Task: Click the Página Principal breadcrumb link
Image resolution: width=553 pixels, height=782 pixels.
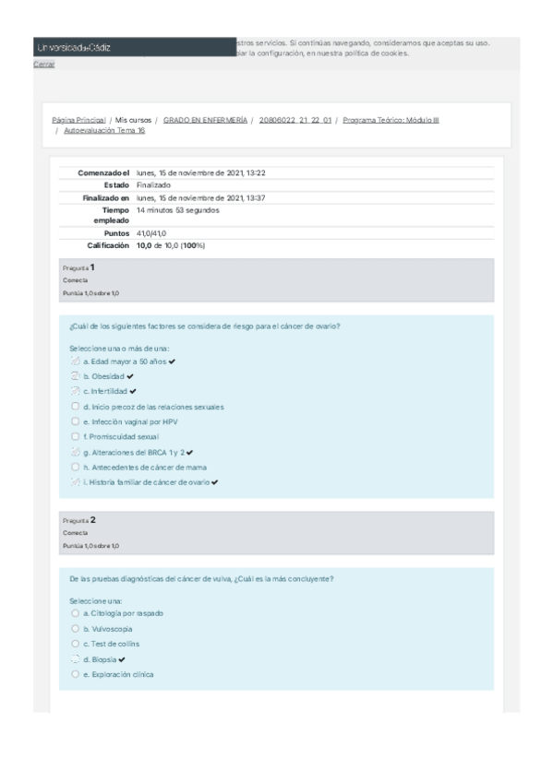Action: coord(78,120)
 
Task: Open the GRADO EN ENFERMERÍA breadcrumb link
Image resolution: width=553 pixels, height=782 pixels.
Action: coord(205,120)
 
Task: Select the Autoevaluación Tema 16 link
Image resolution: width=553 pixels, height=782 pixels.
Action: coord(105,131)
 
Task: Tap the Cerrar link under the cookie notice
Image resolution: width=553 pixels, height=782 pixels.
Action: coord(43,65)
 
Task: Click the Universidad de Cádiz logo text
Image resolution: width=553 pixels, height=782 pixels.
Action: coord(73,48)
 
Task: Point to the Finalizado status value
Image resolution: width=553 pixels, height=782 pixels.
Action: coord(153,184)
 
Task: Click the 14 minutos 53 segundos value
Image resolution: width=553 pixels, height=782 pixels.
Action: coord(177,209)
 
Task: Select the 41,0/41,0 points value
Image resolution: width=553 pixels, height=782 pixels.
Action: coord(151,233)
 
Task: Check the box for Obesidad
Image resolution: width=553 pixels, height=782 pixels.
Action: coord(75,376)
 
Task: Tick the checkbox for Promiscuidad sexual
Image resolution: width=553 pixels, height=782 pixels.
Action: coord(75,436)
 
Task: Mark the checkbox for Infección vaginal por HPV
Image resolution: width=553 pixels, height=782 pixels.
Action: coord(75,421)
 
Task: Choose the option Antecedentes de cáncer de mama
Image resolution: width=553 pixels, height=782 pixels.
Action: coord(75,467)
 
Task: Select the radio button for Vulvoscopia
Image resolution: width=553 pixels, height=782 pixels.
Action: coord(75,628)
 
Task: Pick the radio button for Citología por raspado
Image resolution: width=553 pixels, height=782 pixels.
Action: coord(75,612)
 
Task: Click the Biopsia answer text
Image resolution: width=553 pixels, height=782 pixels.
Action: coord(100,659)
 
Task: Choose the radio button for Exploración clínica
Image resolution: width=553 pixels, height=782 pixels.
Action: coord(75,674)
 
